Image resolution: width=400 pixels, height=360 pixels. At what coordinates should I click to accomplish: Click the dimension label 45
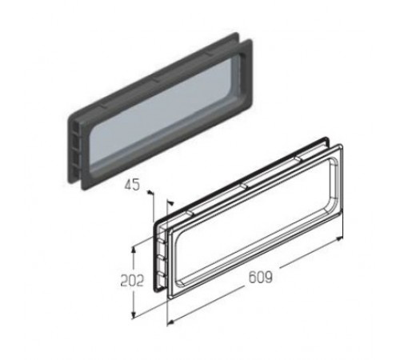tap(132, 185)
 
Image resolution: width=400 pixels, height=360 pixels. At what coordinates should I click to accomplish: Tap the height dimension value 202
tap(132, 280)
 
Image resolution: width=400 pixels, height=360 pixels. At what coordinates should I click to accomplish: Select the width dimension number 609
tap(261, 277)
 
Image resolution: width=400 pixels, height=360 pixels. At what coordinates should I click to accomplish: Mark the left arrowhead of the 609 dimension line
tap(171, 322)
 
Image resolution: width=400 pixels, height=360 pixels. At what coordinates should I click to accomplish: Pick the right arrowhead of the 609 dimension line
tap(339, 238)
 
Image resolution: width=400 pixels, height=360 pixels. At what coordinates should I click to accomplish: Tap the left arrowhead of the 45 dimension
tap(150, 192)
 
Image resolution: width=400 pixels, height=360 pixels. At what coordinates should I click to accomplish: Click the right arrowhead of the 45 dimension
tap(171, 202)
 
